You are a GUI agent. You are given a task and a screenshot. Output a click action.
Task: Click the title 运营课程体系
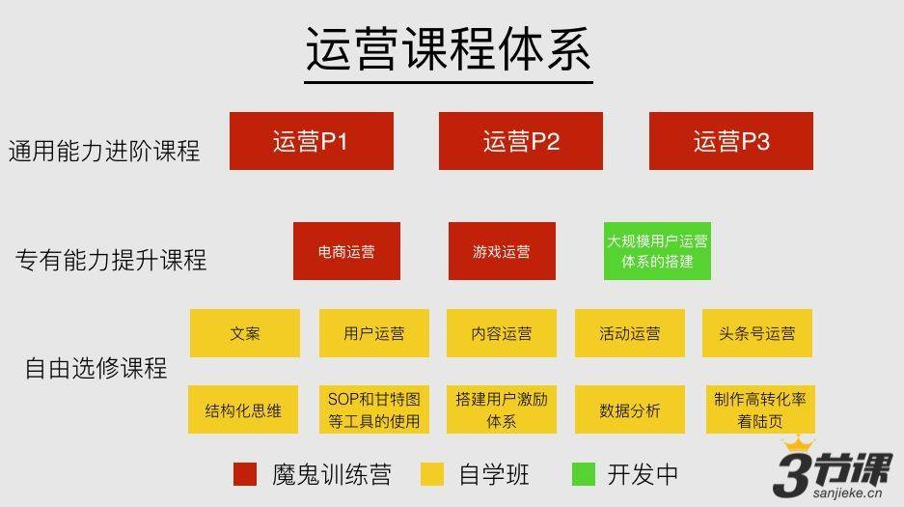pos(448,49)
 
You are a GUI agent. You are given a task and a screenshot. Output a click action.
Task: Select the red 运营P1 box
pos(312,141)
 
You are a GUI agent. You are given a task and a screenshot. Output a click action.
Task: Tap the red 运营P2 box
pos(521,141)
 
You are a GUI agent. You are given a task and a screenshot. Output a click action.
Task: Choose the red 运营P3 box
pos(731,141)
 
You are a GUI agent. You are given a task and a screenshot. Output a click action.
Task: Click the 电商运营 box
pos(346,251)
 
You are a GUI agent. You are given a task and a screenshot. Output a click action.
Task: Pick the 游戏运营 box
pos(502,251)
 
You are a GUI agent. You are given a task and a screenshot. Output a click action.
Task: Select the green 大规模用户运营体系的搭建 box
pos(657,251)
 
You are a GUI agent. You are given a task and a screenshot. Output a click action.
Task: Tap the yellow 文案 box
pos(245,333)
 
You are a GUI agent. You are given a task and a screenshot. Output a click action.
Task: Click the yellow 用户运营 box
pos(374,333)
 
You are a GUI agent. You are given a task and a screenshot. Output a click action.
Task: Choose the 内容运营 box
pos(502,333)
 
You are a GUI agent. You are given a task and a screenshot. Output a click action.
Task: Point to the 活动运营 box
pos(630,333)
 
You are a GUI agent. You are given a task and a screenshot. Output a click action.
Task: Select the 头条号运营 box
pos(757,333)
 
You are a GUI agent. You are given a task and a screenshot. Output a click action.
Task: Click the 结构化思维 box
pos(243,409)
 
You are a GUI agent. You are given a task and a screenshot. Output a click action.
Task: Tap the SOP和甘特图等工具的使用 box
pos(374,409)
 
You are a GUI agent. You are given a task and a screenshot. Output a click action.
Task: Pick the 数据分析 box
pos(630,409)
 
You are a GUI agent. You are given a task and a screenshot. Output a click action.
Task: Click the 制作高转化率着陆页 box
pos(760,409)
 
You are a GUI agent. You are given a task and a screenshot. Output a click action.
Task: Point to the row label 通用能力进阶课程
pos(104,151)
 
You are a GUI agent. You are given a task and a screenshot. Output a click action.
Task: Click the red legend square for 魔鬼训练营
pos(245,474)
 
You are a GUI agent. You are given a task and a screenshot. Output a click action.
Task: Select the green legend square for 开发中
pos(584,474)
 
